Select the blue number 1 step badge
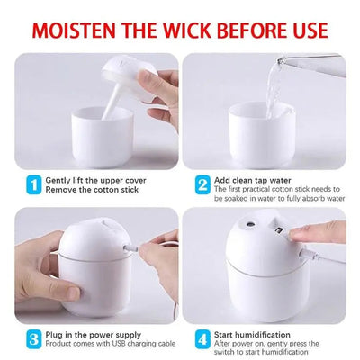tap(33, 184)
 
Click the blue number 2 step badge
tap(202, 184)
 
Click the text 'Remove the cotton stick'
tap(94, 189)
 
